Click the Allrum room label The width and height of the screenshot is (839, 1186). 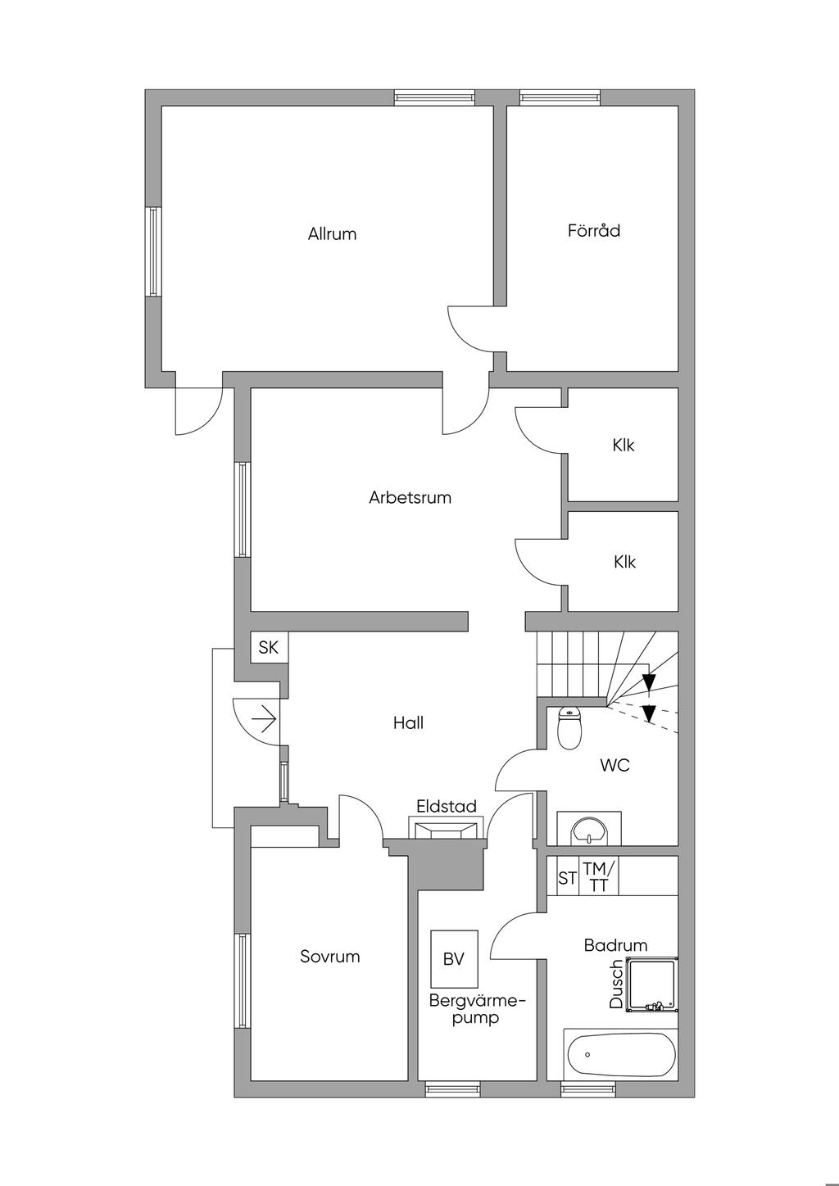(332, 234)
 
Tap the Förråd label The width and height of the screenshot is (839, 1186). (594, 231)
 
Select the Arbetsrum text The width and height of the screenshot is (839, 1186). (410, 497)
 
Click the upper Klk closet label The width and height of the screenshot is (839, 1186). (624, 446)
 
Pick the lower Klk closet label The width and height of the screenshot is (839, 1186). (624, 562)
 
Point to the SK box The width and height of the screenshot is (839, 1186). (268, 648)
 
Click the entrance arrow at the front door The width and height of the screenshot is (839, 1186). (264, 722)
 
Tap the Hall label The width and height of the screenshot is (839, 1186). (408, 723)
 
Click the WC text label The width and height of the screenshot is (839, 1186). (615, 766)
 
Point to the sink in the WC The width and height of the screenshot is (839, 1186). (588, 830)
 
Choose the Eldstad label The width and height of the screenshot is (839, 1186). (447, 807)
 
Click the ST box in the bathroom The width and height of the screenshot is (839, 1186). (567, 878)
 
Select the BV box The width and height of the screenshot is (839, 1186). (454, 958)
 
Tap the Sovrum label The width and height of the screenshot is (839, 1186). (329, 957)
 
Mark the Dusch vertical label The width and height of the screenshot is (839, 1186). (616, 984)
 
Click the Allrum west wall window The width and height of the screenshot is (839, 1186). (152, 251)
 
